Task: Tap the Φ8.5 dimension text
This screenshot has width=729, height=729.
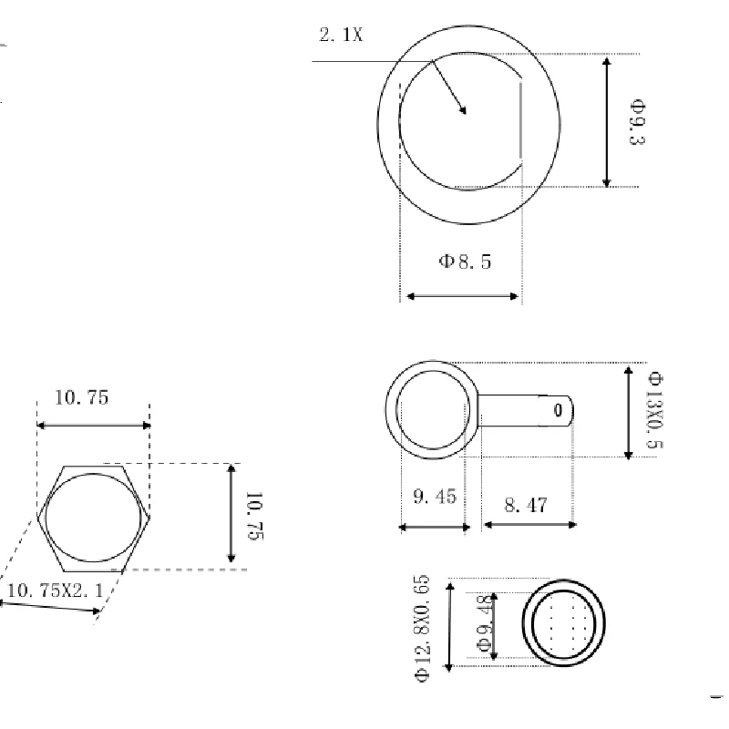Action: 465,262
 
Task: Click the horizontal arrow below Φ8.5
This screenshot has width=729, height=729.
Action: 463,296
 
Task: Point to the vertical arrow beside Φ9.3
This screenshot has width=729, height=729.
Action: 607,122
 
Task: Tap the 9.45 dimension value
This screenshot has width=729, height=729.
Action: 434,497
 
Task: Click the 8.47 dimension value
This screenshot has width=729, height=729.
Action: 526,504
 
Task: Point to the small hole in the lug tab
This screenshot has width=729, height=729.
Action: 558,411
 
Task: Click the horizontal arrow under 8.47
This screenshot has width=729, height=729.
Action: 529,525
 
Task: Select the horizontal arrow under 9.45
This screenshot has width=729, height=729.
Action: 434,526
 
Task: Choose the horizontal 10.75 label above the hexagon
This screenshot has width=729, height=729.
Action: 82,397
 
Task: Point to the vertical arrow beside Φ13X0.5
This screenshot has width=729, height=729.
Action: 627,412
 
